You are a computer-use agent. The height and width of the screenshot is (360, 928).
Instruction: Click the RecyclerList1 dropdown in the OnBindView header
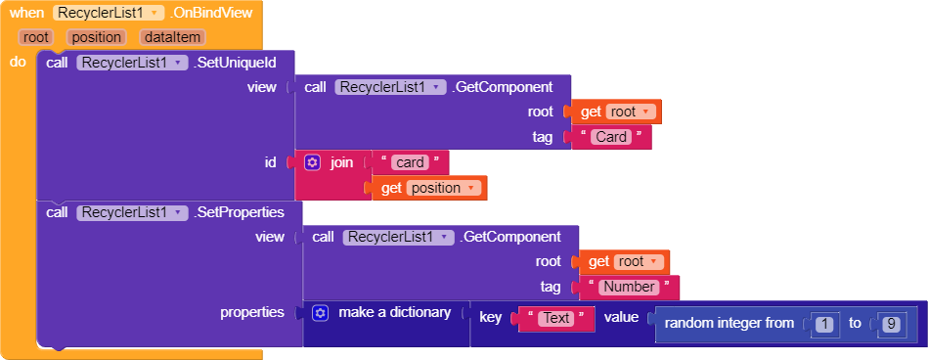pos(109,14)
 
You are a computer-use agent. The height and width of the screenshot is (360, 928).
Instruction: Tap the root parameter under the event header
pos(36,37)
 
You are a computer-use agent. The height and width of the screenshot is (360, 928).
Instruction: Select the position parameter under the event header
pos(96,37)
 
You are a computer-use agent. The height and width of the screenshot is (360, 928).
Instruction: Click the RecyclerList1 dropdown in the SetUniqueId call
pos(132,63)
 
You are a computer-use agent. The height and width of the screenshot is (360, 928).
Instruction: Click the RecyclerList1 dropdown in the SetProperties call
pos(132,212)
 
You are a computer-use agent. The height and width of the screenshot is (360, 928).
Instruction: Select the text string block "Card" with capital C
pos(611,137)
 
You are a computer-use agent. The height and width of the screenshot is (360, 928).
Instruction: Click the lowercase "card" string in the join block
pos(409,162)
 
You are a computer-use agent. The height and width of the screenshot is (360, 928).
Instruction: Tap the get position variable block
pos(429,188)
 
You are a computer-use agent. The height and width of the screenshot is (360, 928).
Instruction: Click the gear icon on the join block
pos(313,162)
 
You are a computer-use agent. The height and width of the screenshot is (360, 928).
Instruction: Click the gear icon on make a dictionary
pos(321,313)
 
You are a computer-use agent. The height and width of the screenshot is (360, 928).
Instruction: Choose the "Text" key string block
pos(555,318)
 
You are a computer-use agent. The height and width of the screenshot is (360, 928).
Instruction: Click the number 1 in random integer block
pos(823,323)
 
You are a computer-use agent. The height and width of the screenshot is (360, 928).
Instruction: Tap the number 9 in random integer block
pos(890,323)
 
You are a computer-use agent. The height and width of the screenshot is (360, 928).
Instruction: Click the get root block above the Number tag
pos(628,261)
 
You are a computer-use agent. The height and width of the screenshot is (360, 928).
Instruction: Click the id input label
pos(271,162)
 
